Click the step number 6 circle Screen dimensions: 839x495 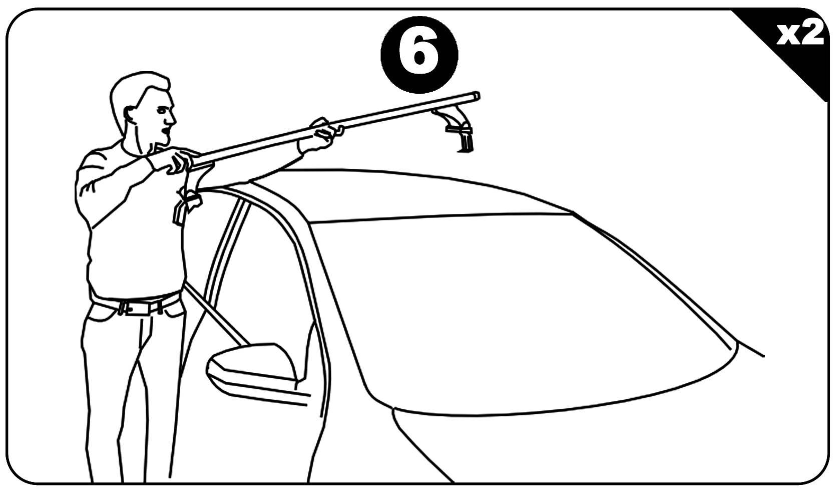[x=419, y=55]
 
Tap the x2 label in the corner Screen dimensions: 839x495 [x=800, y=35]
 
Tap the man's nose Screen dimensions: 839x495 [x=172, y=118]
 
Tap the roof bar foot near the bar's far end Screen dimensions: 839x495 [x=458, y=129]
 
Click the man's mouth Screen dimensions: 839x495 [x=165, y=132]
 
